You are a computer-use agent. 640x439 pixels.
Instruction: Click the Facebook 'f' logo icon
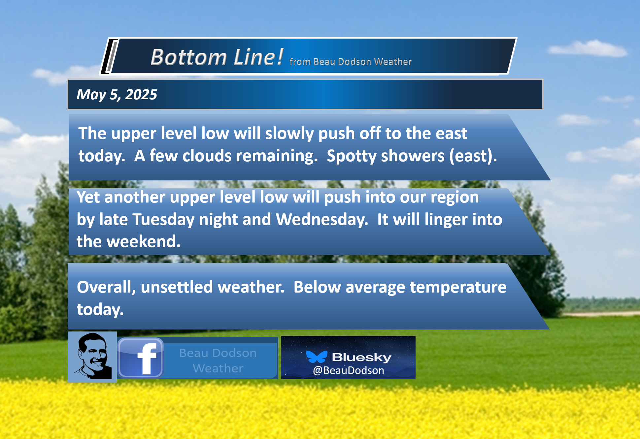pyautogui.click(x=141, y=358)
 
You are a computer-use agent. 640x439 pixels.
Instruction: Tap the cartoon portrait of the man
pyautogui.click(x=92, y=357)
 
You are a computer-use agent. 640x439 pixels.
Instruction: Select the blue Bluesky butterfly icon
pyautogui.click(x=317, y=357)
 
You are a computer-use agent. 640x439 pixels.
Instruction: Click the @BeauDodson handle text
pyautogui.click(x=349, y=370)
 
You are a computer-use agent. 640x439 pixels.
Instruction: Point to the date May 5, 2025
pyautogui.click(x=117, y=95)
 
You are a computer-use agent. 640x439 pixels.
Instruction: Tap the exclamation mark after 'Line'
pyautogui.click(x=280, y=56)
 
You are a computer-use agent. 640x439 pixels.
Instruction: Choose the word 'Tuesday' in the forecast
pyautogui.click(x=163, y=220)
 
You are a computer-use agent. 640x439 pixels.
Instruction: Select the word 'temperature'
pyautogui.click(x=458, y=287)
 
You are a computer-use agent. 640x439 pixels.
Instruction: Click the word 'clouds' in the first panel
pyautogui.click(x=207, y=156)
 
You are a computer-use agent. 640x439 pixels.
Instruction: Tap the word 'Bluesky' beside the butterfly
pyautogui.click(x=362, y=357)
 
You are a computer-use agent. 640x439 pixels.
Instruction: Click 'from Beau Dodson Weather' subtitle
pyautogui.click(x=351, y=62)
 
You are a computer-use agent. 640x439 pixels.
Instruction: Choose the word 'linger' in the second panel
pyautogui.click(x=446, y=220)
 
